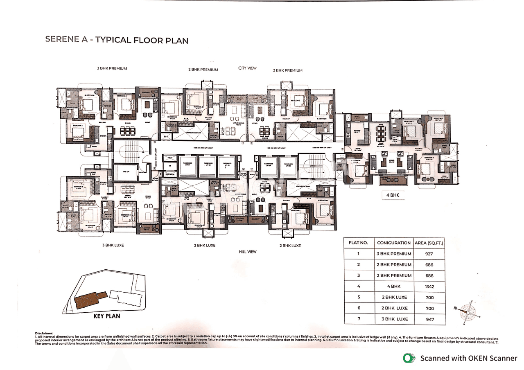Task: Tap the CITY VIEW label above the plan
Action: tap(247, 68)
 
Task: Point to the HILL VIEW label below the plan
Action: tap(248, 252)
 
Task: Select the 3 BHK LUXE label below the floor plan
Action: tap(113, 245)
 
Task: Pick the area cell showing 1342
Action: tap(429, 287)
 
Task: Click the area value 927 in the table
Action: tap(429, 254)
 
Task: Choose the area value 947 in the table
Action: tap(429, 319)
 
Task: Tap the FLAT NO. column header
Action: tap(359, 243)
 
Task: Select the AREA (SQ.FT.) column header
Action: tap(429, 243)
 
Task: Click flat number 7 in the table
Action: tap(359, 319)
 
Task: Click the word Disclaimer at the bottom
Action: tap(44, 333)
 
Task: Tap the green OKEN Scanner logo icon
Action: tap(408, 358)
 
